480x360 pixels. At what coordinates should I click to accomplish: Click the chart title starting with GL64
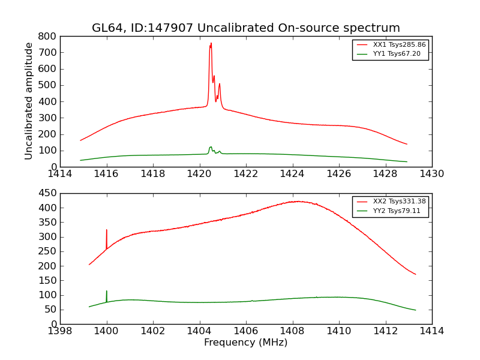coord(245,28)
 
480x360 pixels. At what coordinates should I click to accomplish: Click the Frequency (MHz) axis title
coord(245,343)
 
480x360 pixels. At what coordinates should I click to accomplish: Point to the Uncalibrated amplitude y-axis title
coord(29,101)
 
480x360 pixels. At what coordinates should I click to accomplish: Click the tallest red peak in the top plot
coord(211,44)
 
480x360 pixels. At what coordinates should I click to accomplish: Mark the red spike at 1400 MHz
coord(107,230)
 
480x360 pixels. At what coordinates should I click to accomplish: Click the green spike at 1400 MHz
coord(107,292)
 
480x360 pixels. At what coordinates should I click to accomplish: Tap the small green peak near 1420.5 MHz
coord(211,147)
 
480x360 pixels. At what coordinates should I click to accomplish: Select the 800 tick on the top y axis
coord(48,36)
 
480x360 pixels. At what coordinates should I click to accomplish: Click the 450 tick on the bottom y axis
coord(48,193)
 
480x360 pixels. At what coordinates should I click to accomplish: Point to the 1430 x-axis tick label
coord(431,174)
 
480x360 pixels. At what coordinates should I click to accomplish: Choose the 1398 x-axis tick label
coord(60,331)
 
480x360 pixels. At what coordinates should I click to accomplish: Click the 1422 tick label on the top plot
coord(246,174)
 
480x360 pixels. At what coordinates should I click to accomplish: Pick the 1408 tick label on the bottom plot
coord(292,331)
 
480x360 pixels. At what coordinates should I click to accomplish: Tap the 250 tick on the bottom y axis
coord(48,251)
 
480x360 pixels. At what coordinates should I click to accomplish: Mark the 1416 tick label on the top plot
coord(107,174)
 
